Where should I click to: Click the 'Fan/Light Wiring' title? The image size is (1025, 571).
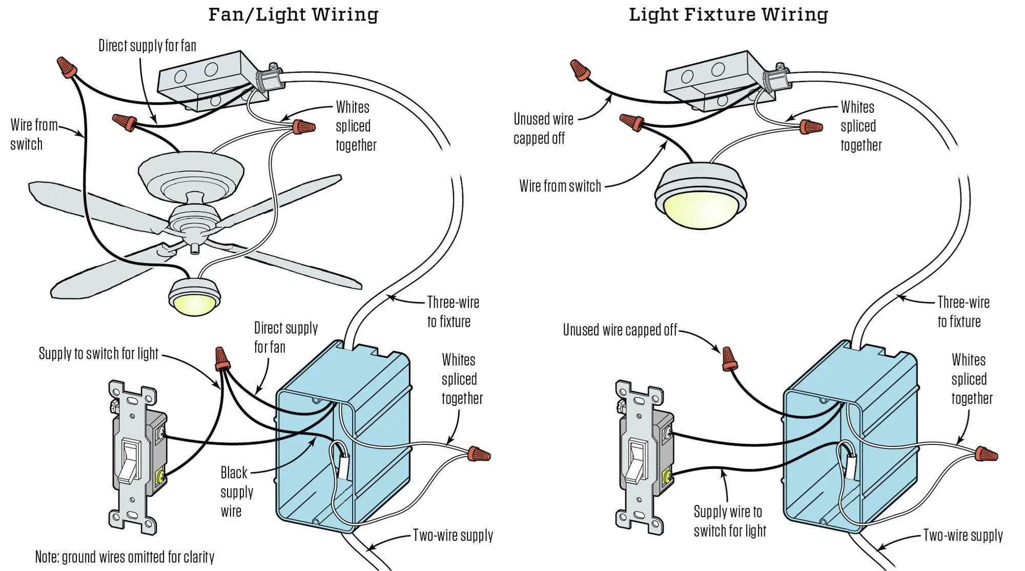point(293,14)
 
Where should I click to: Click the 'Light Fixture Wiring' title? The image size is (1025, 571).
point(728,14)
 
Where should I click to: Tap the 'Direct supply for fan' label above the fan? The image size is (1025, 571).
point(147,46)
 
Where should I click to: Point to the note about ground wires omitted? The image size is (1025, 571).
point(125,557)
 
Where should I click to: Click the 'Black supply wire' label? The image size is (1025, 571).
point(236,492)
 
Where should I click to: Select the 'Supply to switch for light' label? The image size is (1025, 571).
point(98,353)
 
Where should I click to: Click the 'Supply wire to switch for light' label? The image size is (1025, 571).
point(729,521)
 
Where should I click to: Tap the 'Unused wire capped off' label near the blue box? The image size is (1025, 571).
point(620,330)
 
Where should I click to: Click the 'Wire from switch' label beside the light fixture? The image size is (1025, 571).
point(560,186)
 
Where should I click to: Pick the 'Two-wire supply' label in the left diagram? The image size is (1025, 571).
point(453,536)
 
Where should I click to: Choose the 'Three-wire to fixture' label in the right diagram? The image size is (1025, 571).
point(962,312)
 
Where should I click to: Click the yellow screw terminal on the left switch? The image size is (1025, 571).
point(160,477)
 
